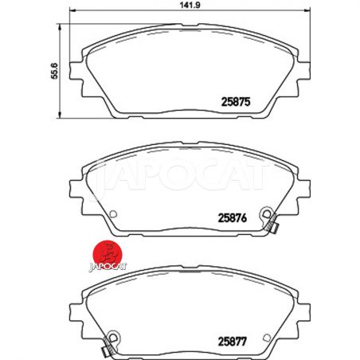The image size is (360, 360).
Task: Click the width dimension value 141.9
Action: coord(190,5)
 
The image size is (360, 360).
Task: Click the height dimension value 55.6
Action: coord(55,71)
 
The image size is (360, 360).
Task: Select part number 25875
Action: coord(236,102)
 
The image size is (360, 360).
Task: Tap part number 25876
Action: coord(233,218)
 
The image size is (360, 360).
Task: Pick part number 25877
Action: coord(233,342)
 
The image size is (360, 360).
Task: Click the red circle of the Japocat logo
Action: coord(108,254)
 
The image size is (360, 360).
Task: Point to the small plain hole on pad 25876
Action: coord(113,213)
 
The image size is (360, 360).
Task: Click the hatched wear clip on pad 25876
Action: coord(272,225)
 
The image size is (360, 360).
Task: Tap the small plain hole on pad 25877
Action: coord(267,338)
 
